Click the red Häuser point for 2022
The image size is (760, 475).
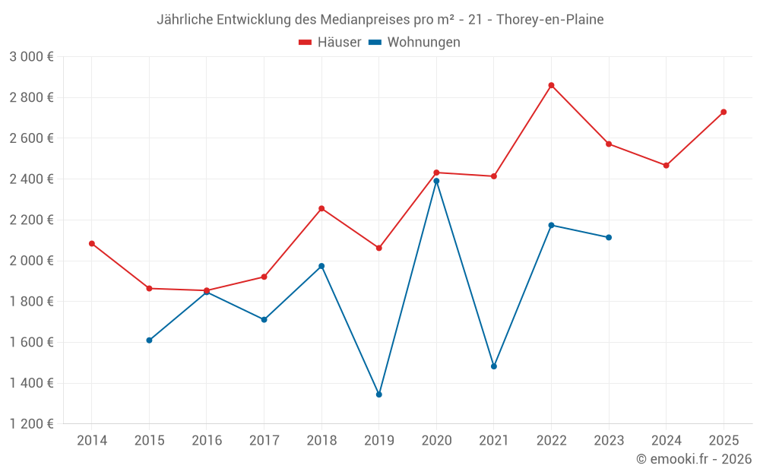point(551,85)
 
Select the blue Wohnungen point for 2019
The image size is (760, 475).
point(378,394)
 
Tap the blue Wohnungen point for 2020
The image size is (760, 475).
point(436,181)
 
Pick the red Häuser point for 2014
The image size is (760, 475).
point(92,244)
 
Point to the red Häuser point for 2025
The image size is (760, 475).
point(724,112)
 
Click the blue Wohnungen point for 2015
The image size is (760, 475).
point(149,340)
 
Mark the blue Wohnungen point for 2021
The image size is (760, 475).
point(494,366)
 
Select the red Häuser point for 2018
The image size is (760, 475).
point(321,208)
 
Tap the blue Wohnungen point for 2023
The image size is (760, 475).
point(609,238)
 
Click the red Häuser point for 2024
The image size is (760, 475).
point(667,166)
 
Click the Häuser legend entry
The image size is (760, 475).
point(330,43)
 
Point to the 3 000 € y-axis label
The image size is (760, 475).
point(31,57)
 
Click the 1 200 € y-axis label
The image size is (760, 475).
point(31,424)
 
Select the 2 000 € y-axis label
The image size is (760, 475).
point(31,261)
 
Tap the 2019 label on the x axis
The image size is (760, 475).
point(378,441)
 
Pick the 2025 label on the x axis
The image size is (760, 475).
point(724,441)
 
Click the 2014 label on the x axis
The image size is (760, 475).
point(92,441)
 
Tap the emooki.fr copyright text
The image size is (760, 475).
point(694,459)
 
